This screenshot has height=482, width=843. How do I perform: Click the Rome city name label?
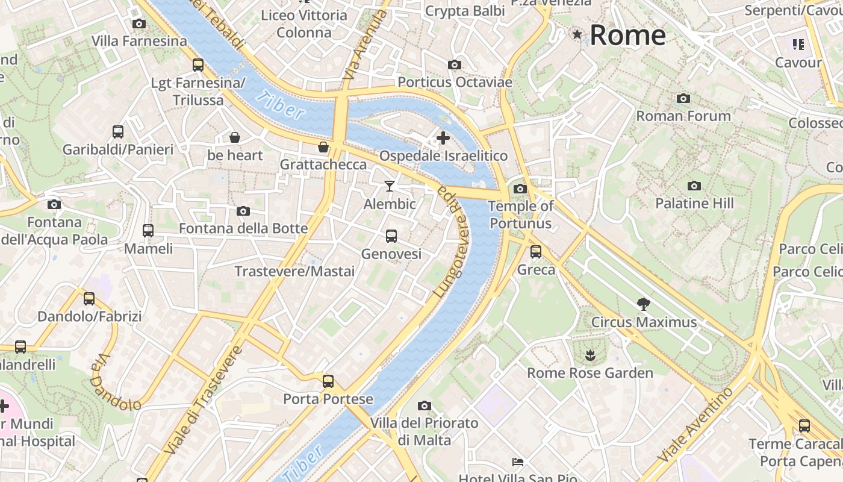click(x=627, y=36)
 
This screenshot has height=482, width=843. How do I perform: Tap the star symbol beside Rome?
click(x=577, y=34)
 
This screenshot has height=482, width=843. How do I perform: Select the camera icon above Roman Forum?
click(x=683, y=98)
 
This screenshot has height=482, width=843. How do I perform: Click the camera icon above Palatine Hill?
click(x=694, y=186)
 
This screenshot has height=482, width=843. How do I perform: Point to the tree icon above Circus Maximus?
click(x=643, y=304)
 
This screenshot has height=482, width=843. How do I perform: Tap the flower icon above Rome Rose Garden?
click(x=589, y=355)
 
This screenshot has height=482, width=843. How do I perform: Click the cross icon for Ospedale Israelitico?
click(x=443, y=138)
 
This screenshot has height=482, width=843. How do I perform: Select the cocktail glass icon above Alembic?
click(x=390, y=186)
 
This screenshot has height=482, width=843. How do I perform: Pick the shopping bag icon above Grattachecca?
click(x=323, y=147)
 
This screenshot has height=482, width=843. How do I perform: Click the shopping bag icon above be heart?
click(x=235, y=137)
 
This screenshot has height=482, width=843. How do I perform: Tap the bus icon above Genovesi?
click(x=391, y=236)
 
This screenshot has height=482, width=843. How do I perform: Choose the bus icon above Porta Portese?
click(x=328, y=381)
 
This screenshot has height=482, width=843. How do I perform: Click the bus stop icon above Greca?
click(x=536, y=252)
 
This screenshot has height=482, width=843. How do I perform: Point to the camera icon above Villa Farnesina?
click(x=139, y=23)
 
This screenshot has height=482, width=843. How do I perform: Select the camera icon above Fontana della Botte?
click(x=243, y=211)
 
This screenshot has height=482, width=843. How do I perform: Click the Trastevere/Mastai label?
click(x=294, y=271)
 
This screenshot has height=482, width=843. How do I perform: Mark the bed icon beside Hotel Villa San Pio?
click(x=518, y=462)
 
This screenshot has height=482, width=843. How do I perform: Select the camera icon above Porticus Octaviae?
click(x=455, y=64)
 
